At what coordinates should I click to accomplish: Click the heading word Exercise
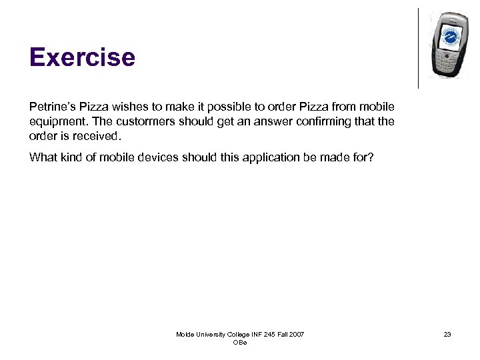coord(82,57)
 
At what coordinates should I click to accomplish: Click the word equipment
coord(56,121)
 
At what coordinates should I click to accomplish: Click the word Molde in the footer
coord(187,334)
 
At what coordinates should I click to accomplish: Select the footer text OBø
coord(240,342)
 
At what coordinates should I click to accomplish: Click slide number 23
coord(447,334)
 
